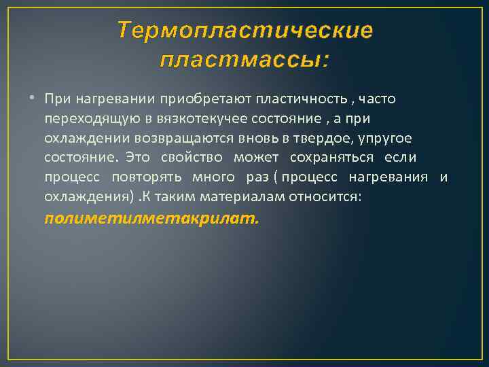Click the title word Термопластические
click(x=244, y=31)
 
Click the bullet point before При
click(x=34, y=99)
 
